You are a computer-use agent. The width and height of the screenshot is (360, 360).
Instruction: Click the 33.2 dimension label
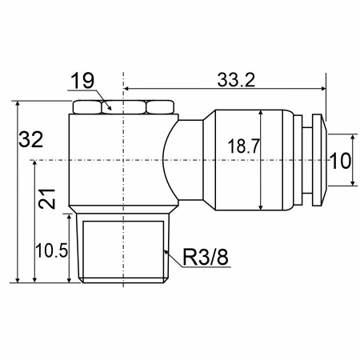pyautogui.click(x=236, y=80)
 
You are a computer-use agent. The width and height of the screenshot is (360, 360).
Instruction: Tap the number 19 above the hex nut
pyautogui.click(x=82, y=81)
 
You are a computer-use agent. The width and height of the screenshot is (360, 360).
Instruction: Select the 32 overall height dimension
pyautogui.click(x=31, y=139)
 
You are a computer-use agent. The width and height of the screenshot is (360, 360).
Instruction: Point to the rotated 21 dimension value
pyautogui.click(x=47, y=199)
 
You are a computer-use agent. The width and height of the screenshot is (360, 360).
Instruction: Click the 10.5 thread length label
pyautogui.click(x=52, y=250)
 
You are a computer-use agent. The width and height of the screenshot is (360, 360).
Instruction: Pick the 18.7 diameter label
pyautogui.click(x=243, y=146)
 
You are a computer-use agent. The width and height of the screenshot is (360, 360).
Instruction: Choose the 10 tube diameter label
pyautogui.click(x=340, y=161)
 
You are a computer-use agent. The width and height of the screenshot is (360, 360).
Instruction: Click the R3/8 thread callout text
pyautogui.click(x=206, y=257)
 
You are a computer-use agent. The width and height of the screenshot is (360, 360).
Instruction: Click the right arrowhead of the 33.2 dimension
pyautogui.click(x=322, y=88)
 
